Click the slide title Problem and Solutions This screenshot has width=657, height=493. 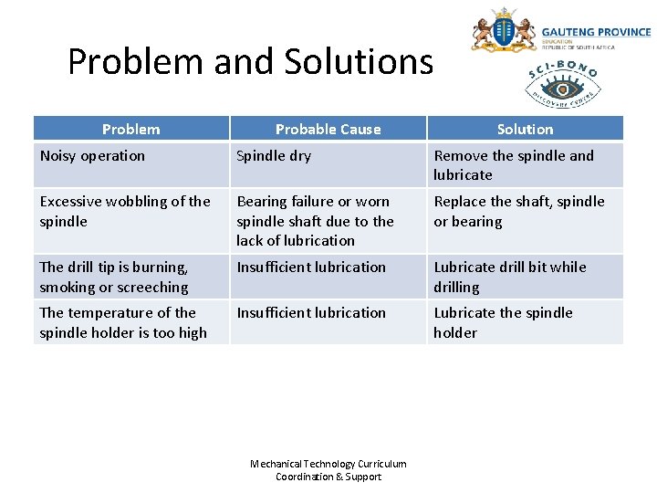pos(250,62)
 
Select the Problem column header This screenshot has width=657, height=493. pos(130,129)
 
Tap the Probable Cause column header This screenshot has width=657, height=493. pos(328,129)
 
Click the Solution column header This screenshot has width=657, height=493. pos(525,129)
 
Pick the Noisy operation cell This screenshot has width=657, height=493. pos(92,156)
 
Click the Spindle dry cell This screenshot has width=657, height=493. pos(274,156)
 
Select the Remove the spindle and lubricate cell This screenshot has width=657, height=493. pos(513,165)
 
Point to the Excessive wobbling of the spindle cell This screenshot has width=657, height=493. pos(125,211)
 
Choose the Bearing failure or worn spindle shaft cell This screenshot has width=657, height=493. pos(315,221)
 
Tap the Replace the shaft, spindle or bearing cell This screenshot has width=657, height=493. pos(518,211)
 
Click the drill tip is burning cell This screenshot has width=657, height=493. pos(114,277)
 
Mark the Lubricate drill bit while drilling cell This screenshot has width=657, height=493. pos(509,277)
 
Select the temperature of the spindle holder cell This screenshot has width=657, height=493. pos(122,322)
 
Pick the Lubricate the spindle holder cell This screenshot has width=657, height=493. pos(503,322)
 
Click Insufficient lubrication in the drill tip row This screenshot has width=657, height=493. pos(311,267)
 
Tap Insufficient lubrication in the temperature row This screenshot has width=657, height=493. pos(311,313)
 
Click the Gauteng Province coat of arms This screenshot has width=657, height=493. pos(503,32)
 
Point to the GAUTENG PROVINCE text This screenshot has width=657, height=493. pos(596,32)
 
